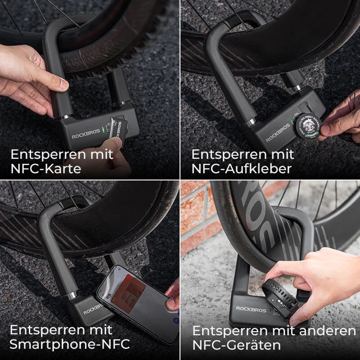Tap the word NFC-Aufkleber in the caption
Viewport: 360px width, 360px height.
242,169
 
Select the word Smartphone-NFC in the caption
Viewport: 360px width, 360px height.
70,345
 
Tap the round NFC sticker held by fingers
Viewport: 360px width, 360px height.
307,125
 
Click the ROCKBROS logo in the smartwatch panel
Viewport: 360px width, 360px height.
251,309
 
